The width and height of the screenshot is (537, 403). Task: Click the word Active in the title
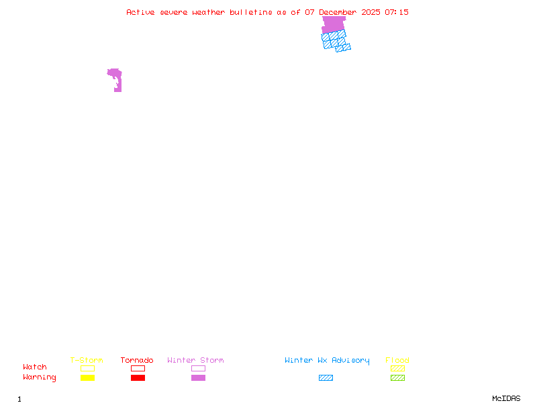point(140,12)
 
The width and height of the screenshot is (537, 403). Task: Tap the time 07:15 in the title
point(397,12)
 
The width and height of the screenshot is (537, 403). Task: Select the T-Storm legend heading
point(87,361)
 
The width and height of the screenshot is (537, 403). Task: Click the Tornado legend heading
point(137,361)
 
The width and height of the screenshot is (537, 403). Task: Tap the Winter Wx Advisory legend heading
point(327,361)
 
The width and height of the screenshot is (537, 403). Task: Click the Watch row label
point(35,367)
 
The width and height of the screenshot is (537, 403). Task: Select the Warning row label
point(40,377)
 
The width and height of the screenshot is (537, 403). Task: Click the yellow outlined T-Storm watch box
point(87,368)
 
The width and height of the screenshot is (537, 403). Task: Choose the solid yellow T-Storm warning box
point(87,378)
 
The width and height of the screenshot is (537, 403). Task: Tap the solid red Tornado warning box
point(138,378)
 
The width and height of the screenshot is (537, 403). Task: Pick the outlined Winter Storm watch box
point(198,368)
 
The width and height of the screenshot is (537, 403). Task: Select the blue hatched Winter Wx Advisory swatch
point(326,378)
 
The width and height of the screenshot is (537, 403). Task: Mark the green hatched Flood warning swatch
point(397,378)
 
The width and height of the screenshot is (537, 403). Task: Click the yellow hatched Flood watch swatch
point(397,368)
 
